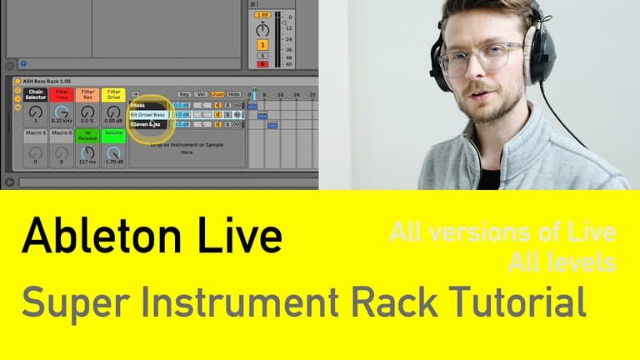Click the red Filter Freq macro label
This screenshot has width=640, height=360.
click(x=61, y=95)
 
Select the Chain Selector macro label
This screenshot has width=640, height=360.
click(x=35, y=95)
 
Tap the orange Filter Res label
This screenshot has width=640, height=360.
click(x=87, y=95)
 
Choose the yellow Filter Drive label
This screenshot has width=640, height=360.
click(x=113, y=95)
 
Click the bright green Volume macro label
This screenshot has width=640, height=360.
click(x=113, y=132)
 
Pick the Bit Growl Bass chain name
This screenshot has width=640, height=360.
click(x=148, y=114)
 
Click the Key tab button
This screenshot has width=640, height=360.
click(x=184, y=94)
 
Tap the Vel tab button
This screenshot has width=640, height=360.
click(x=202, y=94)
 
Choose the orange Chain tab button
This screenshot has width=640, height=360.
click(x=217, y=94)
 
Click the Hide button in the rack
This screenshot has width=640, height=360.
click(x=234, y=94)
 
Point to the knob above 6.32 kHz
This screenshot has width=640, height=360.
click(x=61, y=112)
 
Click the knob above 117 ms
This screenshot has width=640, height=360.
click(x=87, y=152)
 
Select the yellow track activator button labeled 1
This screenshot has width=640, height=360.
click(x=262, y=44)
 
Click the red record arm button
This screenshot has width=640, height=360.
click(x=262, y=63)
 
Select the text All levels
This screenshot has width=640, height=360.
click(x=562, y=262)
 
